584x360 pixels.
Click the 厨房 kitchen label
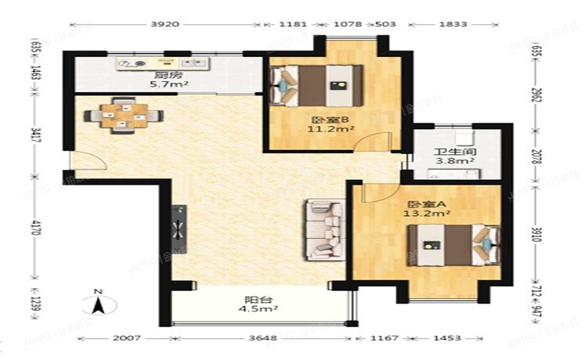pos(163,76)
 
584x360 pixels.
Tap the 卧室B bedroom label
pos(321,120)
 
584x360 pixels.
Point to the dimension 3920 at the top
pos(164,24)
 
